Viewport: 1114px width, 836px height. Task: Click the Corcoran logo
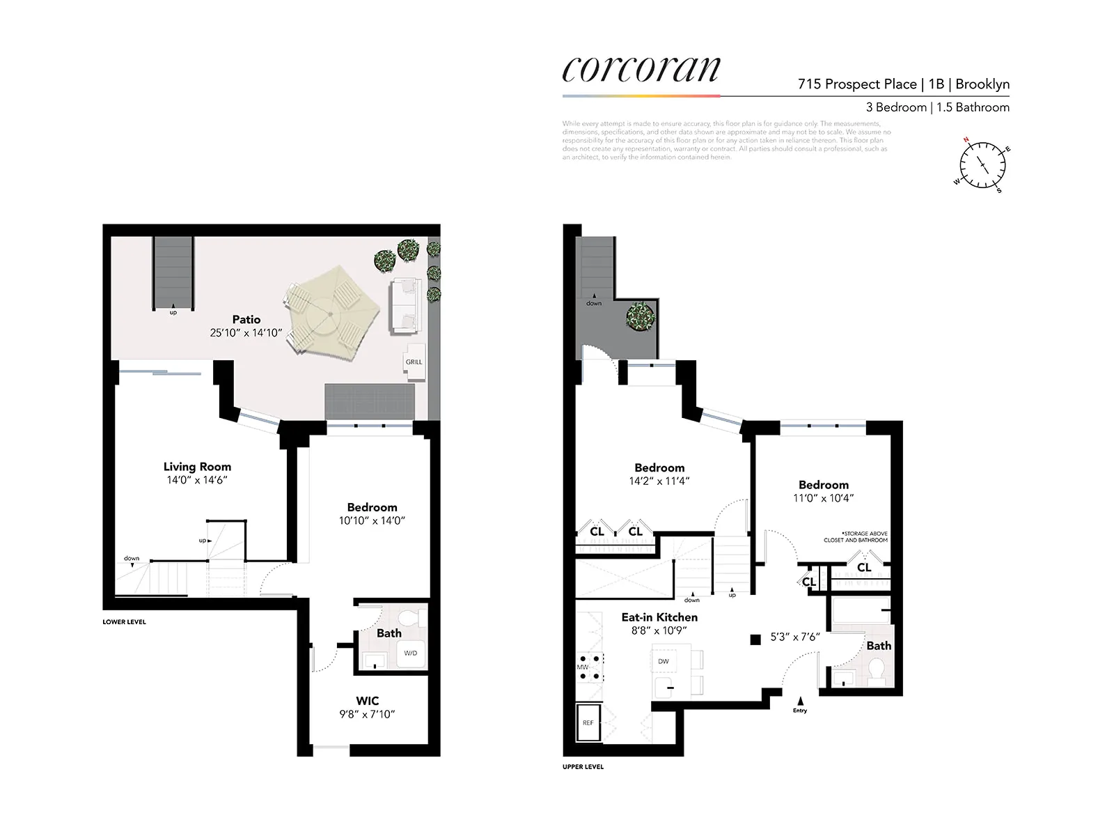coord(641,70)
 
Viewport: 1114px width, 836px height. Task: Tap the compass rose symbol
coord(982,166)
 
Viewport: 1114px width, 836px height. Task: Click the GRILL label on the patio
coord(414,362)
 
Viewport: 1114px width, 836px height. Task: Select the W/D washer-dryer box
coord(411,653)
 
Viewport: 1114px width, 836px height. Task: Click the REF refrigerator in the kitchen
coord(588,723)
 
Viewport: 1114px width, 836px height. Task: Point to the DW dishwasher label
coord(664,661)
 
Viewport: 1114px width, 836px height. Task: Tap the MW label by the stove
coord(582,667)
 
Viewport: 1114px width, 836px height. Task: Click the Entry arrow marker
coord(800,702)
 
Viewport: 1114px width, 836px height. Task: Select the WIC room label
coord(368,701)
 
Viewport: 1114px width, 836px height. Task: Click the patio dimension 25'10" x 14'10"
coord(246,333)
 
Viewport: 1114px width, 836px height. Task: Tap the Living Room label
coord(197,467)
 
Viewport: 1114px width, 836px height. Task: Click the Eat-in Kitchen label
coord(659,617)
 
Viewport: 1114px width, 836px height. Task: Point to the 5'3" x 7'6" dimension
coord(795,637)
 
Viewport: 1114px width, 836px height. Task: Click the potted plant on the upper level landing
coord(641,316)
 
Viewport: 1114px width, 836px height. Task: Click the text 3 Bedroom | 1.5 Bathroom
coord(937,107)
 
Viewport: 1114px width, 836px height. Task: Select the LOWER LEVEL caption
coord(124,622)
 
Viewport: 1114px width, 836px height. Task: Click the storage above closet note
coord(856,536)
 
